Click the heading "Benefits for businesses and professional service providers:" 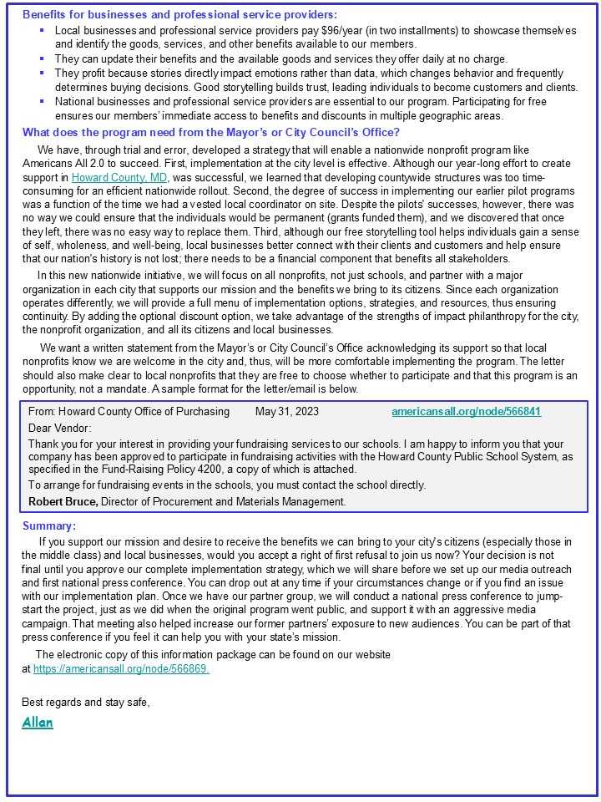179,14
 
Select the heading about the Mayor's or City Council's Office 210,131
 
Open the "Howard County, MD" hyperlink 119,178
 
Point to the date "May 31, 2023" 286,412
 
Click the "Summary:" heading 48,525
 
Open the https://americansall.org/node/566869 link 121,669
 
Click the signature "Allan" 38,723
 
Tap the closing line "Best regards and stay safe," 86,702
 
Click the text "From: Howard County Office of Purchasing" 129,412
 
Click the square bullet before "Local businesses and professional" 41,30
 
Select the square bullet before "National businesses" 41,101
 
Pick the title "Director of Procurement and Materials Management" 222,501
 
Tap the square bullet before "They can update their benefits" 41,58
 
